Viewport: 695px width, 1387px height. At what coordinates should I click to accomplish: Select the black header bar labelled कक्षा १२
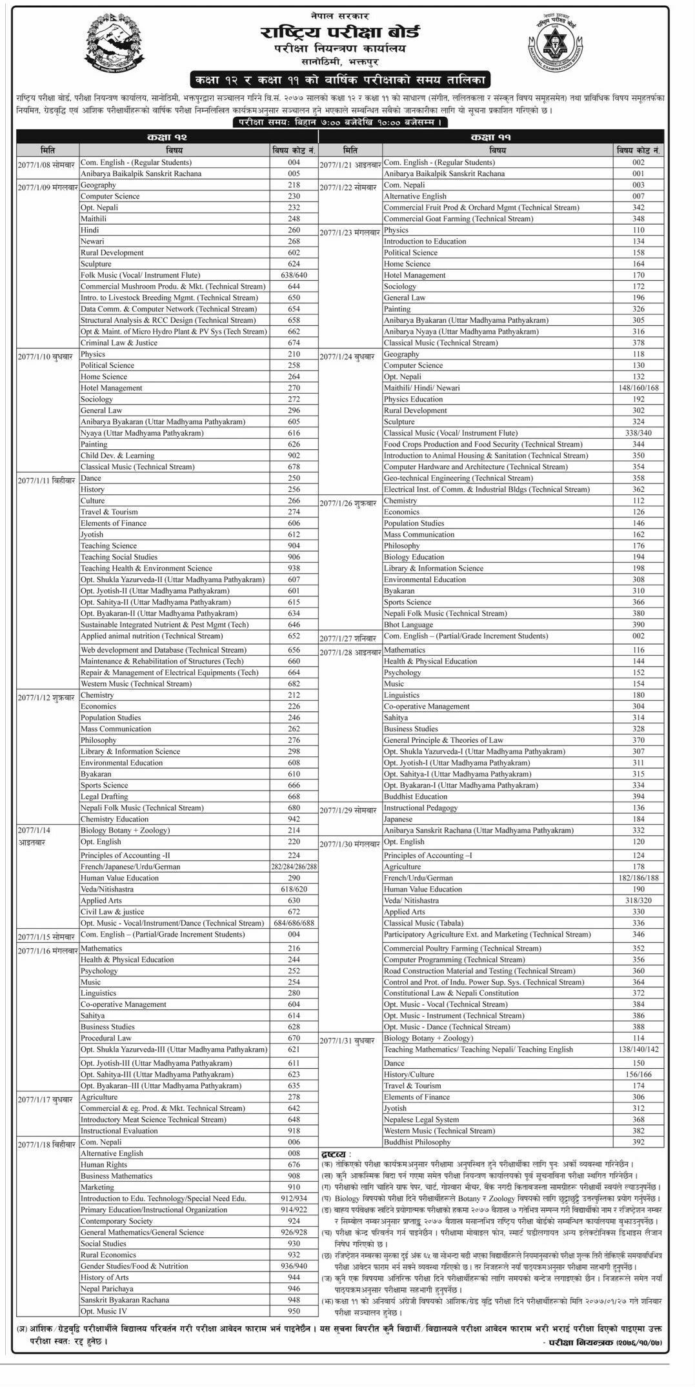click(166, 137)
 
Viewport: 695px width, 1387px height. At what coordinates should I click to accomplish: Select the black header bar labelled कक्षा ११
click(491, 137)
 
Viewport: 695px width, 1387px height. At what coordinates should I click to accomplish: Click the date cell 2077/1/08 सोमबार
click(46, 164)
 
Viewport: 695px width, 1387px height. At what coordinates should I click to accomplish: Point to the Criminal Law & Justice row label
click(119, 343)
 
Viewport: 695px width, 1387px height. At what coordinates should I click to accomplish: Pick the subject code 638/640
click(294, 275)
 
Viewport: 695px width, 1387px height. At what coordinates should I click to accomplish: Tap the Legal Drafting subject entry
click(104, 796)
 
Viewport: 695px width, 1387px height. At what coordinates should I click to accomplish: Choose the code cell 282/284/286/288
click(294, 867)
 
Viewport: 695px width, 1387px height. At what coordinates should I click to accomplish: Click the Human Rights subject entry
click(103, 1164)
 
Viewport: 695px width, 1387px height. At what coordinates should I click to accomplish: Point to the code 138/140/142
click(638, 1049)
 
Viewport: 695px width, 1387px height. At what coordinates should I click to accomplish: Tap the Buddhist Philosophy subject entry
click(417, 1142)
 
